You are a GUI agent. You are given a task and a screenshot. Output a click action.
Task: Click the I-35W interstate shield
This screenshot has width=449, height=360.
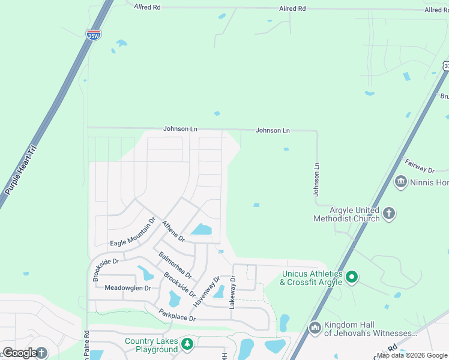click(93, 35)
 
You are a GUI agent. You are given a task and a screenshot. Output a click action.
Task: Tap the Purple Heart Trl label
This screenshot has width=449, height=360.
click(21, 170)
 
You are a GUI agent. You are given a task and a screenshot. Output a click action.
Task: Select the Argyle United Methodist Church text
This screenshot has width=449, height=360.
click(354, 214)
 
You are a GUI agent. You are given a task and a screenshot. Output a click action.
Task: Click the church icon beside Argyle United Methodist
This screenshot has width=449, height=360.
click(389, 213)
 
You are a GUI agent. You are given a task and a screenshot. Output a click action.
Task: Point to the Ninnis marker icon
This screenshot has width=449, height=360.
click(400, 181)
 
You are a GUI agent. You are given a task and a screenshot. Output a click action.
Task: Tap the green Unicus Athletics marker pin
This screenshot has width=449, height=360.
click(352, 277)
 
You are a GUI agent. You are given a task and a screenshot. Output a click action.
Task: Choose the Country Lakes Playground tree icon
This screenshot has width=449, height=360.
click(187, 344)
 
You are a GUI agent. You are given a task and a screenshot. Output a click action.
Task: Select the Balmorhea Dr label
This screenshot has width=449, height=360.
click(175, 265)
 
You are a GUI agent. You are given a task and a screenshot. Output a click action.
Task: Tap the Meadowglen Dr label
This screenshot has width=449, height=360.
click(127, 288)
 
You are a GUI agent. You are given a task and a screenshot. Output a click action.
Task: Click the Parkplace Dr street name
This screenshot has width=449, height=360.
click(177, 314)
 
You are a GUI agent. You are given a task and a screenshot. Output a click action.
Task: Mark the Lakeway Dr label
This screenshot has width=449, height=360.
click(232, 293)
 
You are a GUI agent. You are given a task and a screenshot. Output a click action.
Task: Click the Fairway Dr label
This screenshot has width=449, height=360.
click(419, 166)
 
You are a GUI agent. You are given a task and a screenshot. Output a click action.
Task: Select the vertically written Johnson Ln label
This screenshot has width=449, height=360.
click(316, 179)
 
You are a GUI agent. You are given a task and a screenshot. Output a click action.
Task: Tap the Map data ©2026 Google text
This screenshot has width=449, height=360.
click(412, 355)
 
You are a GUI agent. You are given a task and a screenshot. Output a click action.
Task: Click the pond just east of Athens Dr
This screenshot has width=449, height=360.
click(202, 229)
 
